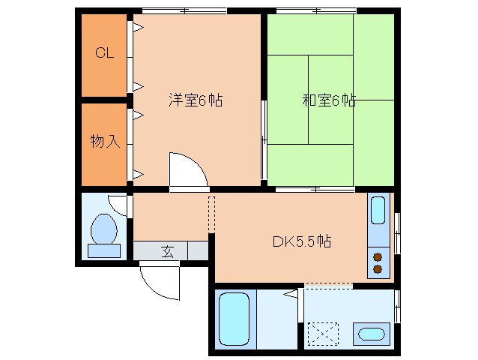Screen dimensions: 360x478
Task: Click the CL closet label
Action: click(x=104, y=53)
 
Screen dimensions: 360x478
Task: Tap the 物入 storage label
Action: click(x=104, y=141)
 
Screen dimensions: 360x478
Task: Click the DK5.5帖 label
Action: click(x=302, y=241)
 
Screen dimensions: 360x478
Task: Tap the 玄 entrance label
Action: click(x=166, y=251)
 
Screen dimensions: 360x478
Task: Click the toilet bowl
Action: click(x=104, y=229)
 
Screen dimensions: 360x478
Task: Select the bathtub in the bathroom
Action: click(x=234, y=319)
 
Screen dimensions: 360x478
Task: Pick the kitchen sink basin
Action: click(x=378, y=212)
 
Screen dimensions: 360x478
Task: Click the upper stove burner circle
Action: click(x=378, y=256)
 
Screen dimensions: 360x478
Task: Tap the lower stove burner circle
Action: click(x=378, y=268)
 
